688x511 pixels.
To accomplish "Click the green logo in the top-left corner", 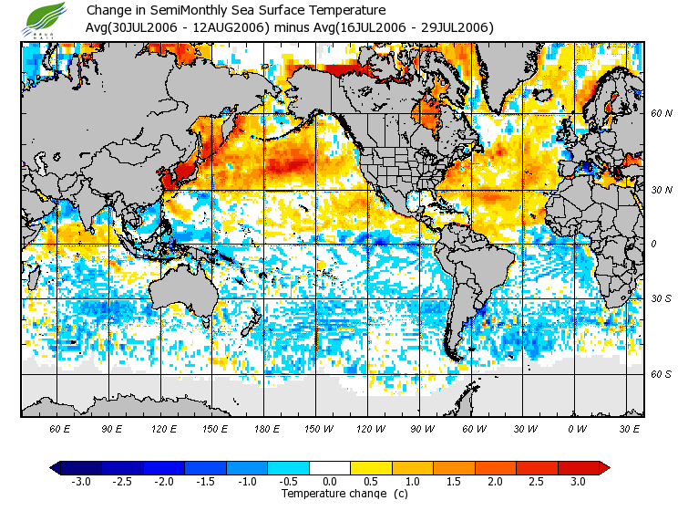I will pyautogui.click(x=46, y=17).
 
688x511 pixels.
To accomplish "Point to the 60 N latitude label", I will pyautogui.click(x=661, y=114).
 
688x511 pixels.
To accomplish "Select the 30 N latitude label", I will pyautogui.click(x=661, y=190).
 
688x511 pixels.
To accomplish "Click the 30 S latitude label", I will pyautogui.click(x=661, y=298).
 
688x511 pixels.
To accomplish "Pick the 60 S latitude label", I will pyautogui.click(x=661, y=374).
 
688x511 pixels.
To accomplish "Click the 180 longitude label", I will pyautogui.click(x=267, y=428).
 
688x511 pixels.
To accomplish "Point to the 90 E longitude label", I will pyautogui.click(x=111, y=428).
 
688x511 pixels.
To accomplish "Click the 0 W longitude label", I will pyautogui.click(x=576, y=428).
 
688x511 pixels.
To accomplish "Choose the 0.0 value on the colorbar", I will pyautogui.click(x=330, y=481).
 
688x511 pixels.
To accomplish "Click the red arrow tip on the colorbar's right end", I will pyautogui.click(x=604, y=467).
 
